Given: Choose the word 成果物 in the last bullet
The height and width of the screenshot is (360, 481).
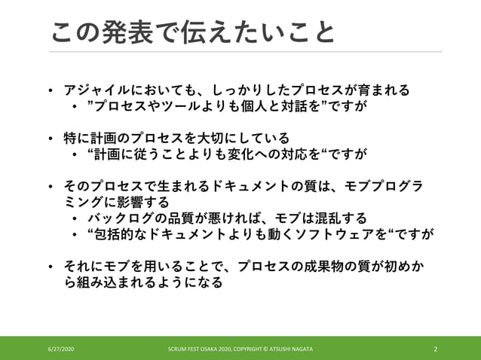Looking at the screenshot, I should pyautogui.click(x=335, y=267).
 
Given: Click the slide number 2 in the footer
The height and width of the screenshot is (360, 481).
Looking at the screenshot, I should pyautogui.click(x=437, y=349).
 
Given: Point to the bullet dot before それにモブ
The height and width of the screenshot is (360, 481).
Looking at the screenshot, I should pyautogui.click(x=50, y=267).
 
